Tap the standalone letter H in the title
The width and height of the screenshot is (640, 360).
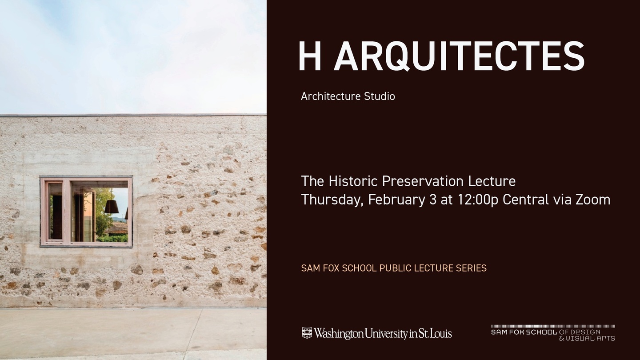click(310, 56)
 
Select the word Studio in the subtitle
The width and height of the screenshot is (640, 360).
click(380, 96)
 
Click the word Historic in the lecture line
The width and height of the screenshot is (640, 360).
click(353, 181)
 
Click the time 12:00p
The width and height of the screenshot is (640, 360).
click(478, 200)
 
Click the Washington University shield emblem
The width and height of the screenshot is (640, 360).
click(307, 333)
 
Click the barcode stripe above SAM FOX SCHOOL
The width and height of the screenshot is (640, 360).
click(553, 326)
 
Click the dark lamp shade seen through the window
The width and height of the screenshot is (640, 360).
click(112, 207)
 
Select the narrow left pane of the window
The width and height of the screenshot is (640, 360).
click(55, 211)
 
